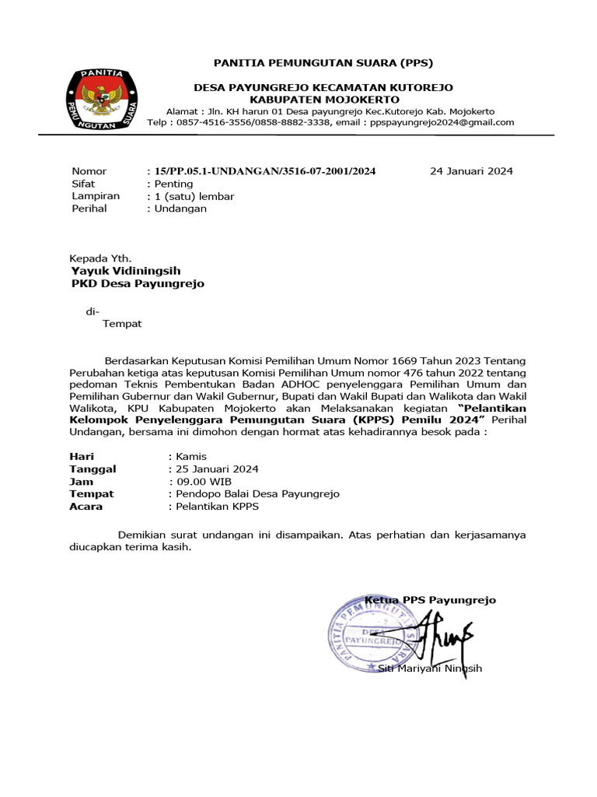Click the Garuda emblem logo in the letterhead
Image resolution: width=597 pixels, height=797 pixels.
tap(103, 100)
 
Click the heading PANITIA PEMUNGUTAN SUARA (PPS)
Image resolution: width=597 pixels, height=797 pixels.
tap(323, 62)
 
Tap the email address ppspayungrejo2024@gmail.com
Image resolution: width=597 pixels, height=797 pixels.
tap(442, 122)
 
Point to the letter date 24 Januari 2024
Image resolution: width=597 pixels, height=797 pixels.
tap(471, 171)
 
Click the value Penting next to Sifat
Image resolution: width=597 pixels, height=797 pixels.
tap(173, 184)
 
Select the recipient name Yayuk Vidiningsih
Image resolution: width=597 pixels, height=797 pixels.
tap(126, 271)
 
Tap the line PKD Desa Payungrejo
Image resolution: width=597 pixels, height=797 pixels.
tap(138, 284)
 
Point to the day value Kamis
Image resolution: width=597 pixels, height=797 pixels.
tap(190, 457)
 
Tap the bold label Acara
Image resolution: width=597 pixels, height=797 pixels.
tap(86, 507)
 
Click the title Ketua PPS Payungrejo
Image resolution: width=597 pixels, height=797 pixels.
tap(431, 600)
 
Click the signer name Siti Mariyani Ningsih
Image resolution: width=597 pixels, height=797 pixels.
tap(430, 669)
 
